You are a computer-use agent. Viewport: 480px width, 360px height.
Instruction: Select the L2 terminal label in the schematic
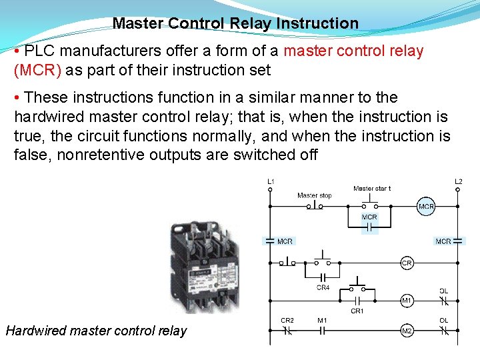tap(458, 181)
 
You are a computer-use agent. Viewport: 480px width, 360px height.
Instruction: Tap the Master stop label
tap(315, 195)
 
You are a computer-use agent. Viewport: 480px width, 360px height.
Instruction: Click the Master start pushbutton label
tap(372, 189)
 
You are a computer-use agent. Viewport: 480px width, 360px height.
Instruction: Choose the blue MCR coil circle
tap(426, 207)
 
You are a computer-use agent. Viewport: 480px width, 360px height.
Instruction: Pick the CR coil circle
tap(407, 263)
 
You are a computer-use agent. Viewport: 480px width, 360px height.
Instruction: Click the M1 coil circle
tap(407, 301)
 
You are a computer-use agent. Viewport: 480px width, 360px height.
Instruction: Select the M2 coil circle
tap(407, 331)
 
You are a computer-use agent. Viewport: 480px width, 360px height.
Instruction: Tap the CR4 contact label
tap(323, 288)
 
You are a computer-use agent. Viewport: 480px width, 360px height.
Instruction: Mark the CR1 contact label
tap(357, 311)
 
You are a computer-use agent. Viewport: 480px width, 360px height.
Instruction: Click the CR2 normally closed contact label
tap(287, 321)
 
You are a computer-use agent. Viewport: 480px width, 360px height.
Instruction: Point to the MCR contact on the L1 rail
tap(270, 241)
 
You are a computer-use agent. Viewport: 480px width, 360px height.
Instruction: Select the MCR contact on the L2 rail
tap(458, 241)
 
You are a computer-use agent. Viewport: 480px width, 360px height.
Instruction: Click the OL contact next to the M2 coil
tap(443, 331)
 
